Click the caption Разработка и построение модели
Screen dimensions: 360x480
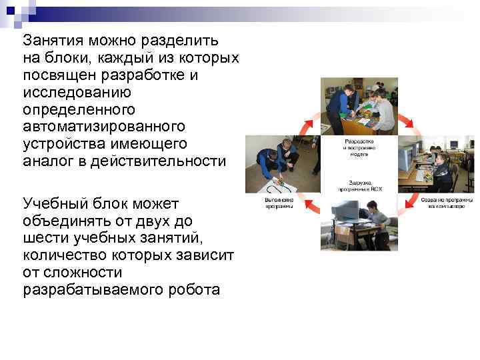pos(359,147)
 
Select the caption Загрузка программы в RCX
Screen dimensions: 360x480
pos(359,186)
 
